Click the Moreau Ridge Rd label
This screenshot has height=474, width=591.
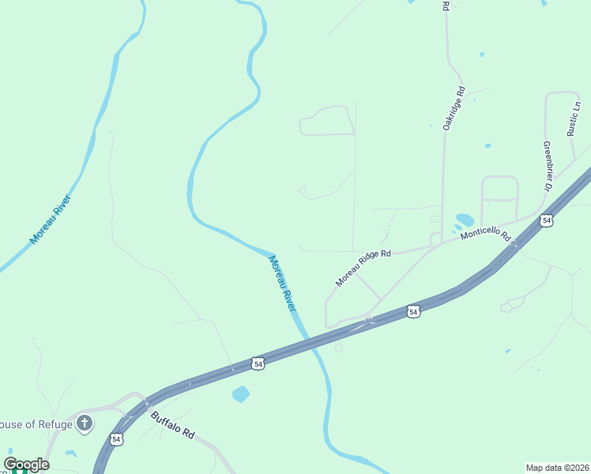point(363,268)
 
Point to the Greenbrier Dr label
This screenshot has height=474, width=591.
point(546,166)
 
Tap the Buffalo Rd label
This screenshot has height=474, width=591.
point(172,424)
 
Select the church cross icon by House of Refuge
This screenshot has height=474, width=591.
point(85,424)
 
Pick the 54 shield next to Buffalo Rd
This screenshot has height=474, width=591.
point(117,438)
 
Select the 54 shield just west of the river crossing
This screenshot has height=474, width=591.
point(258,363)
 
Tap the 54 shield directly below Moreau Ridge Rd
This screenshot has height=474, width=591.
point(412,312)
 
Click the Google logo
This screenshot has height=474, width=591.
point(26,465)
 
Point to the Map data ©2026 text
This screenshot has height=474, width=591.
point(557,468)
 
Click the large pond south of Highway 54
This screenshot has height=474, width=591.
point(241,393)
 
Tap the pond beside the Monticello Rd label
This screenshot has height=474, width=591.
point(465,220)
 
